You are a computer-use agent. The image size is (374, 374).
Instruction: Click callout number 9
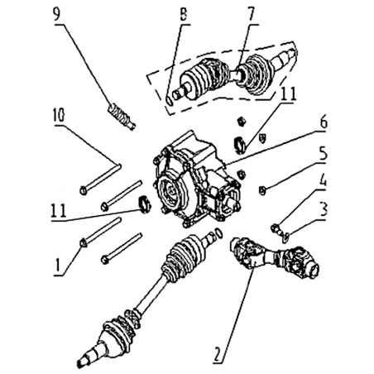click(56, 14)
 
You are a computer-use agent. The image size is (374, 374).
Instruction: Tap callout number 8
click(183, 14)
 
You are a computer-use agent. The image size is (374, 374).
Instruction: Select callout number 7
click(251, 14)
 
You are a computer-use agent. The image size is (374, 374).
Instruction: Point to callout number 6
click(323, 122)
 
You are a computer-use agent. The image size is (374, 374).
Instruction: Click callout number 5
click(323, 153)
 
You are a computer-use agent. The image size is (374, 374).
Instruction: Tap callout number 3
click(323, 210)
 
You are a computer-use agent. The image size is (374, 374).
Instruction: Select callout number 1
click(57, 265)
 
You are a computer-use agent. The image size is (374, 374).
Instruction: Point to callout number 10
click(59, 115)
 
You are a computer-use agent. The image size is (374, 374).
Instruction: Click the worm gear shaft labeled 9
click(122, 117)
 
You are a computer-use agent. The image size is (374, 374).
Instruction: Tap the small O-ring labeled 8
click(170, 100)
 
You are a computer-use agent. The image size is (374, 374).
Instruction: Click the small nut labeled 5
click(262, 190)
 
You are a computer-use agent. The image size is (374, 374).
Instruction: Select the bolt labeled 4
click(276, 228)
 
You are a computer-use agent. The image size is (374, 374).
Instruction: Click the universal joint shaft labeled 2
click(275, 257)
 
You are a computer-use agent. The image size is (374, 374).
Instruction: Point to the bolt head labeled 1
click(84, 242)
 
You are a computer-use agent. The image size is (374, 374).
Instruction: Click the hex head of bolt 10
click(84, 190)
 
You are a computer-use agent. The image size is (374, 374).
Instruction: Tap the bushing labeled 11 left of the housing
click(144, 204)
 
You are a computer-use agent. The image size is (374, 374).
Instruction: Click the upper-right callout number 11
click(287, 93)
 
